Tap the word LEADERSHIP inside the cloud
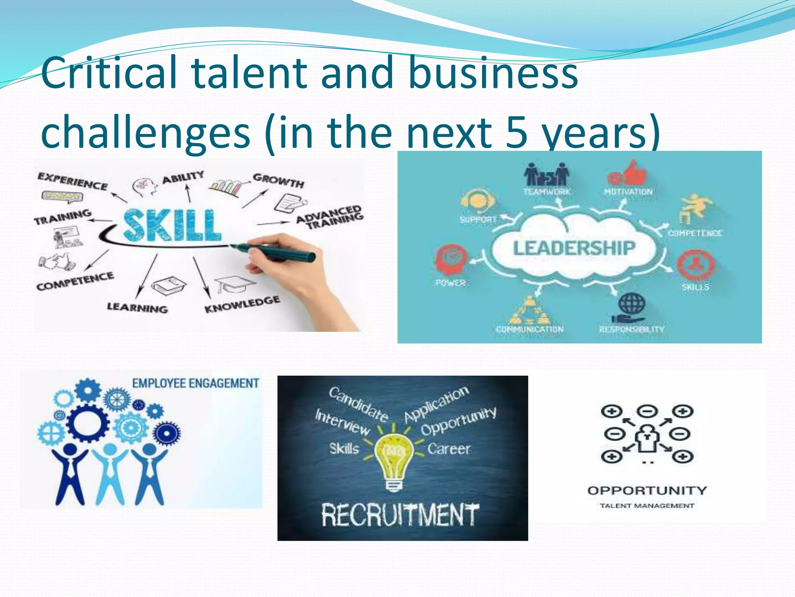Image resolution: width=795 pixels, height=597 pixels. (x=574, y=248)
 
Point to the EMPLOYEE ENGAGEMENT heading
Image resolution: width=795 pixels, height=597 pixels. (x=195, y=384)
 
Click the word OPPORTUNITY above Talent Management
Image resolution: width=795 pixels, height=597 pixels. (x=647, y=491)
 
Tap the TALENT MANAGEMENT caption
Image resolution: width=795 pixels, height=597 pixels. (x=647, y=506)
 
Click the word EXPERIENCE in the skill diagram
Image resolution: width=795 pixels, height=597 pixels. (x=73, y=181)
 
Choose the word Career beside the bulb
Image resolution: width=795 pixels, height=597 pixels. (x=449, y=449)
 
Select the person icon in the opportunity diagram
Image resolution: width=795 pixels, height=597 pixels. (x=647, y=439)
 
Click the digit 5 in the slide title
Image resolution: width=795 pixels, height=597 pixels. (x=517, y=132)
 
